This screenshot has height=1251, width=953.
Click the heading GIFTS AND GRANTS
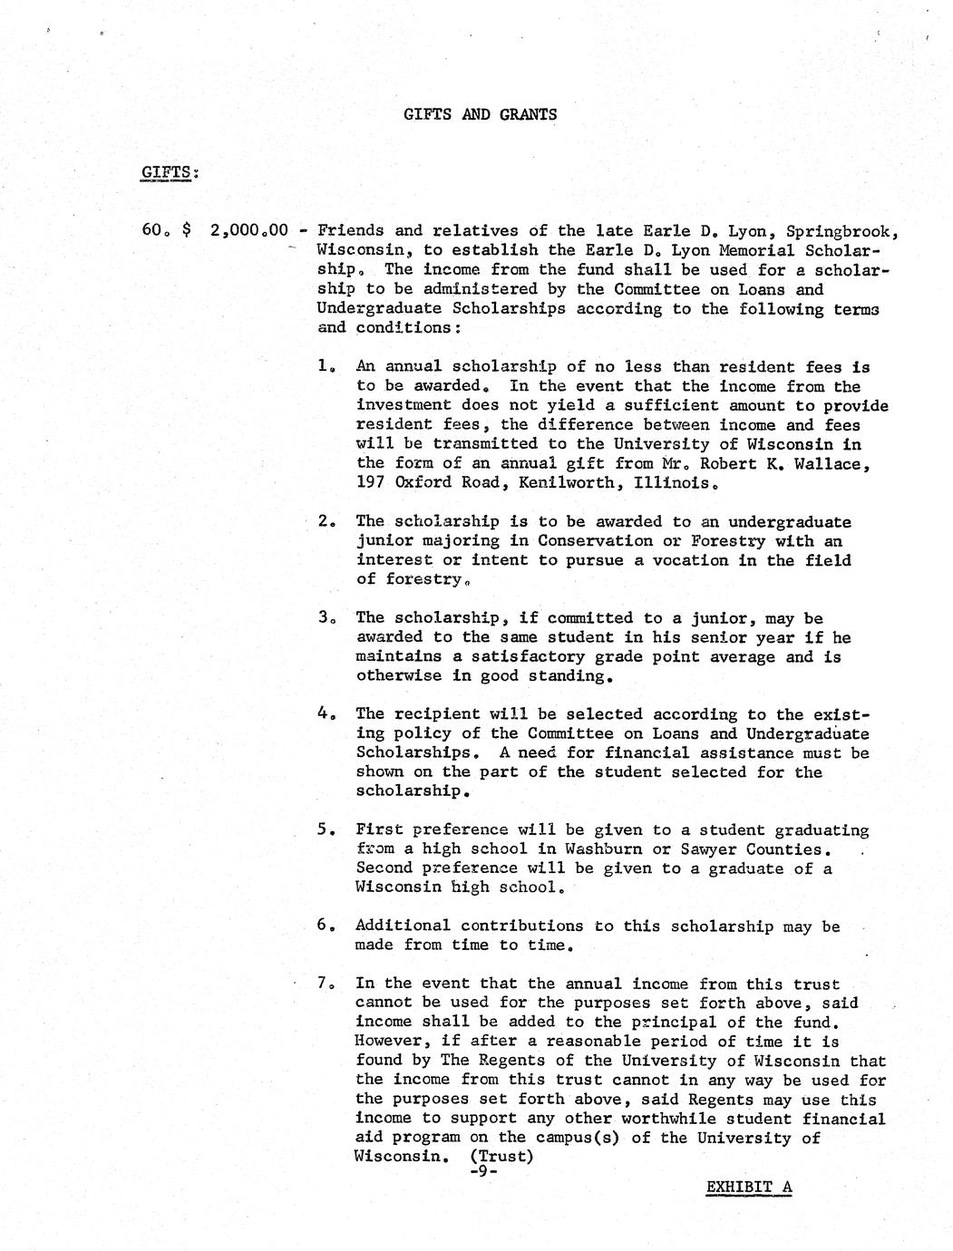click(480, 114)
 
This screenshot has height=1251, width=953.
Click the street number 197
click(371, 483)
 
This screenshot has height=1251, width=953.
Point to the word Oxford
click(423, 483)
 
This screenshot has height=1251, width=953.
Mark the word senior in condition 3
click(724, 637)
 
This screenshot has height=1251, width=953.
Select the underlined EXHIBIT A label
click(749, 1187)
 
